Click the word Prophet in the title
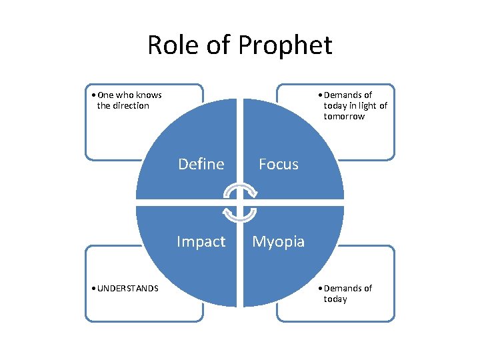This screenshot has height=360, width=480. click(285, 45)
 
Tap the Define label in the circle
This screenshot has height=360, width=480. click(201, 164)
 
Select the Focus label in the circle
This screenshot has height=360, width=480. click(279, 164)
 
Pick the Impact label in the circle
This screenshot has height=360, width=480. click(201, 241)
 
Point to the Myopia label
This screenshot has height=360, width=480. click(279, 241)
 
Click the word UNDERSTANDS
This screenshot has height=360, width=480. click(127, 288)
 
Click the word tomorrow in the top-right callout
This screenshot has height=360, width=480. click(344, 116)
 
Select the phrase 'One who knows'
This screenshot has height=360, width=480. click(129, 95)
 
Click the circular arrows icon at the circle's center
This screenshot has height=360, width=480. click(239, 203)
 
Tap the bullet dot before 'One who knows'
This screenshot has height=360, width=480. click(91, 95)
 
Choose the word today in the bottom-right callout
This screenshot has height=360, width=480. click(335, 299)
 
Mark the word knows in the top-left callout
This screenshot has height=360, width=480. click(149, 95)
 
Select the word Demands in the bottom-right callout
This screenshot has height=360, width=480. click(341, 288)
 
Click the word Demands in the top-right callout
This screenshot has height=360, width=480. click(341, 95)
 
